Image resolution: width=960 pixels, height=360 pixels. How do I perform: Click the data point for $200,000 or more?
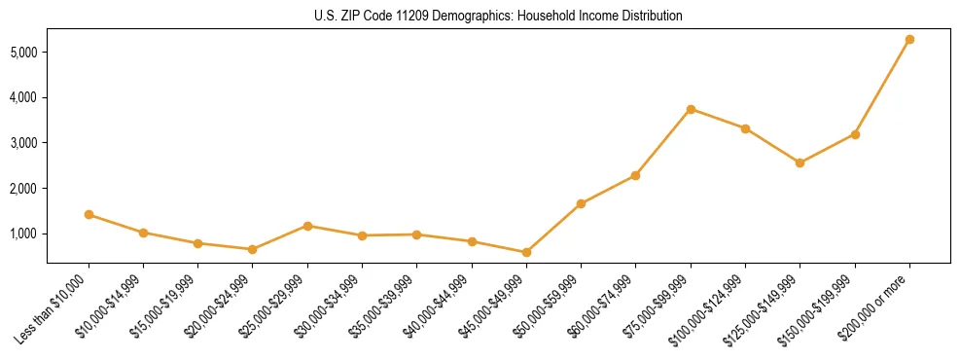pos(909,40)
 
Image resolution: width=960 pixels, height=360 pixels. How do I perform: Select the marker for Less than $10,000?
pos(89,214)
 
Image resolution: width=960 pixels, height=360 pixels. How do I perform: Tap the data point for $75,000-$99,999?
pos(691,109)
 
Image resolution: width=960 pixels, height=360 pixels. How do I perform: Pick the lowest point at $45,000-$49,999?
pos(526,252)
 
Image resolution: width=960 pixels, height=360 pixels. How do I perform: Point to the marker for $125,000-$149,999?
pos(800,162)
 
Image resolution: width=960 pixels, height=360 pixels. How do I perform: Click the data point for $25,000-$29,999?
pos(307,226)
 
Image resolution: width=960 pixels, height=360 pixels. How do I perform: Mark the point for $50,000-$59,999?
pos(581,203)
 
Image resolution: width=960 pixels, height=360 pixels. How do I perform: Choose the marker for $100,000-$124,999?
pos(745,128)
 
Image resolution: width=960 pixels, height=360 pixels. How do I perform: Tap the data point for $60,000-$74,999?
pos(635,175)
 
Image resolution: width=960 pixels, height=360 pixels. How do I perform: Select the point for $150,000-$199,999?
pos(855,134)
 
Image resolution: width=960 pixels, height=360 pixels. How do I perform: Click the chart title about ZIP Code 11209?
pos(498,16)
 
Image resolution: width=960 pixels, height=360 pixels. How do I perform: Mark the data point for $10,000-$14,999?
pos(143,233)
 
